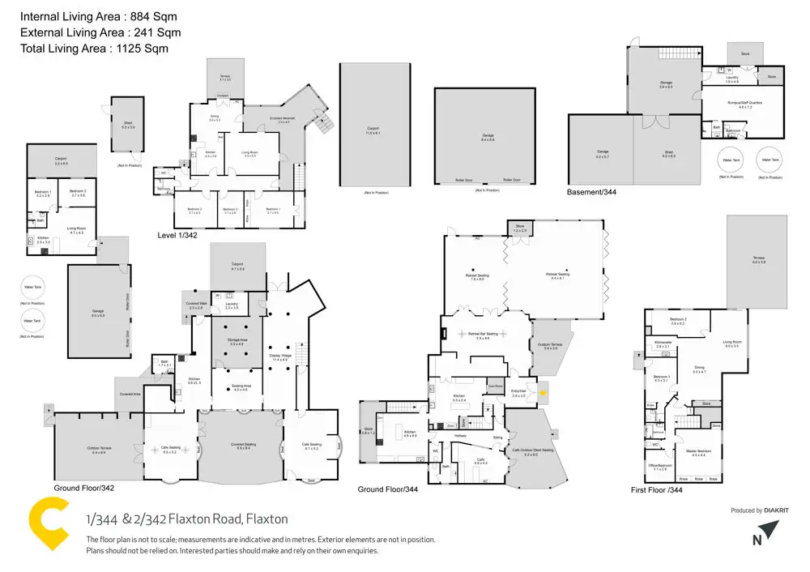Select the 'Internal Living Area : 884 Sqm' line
97,16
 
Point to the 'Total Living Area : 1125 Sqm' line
93,49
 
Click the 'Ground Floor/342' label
83,488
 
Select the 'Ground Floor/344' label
387,489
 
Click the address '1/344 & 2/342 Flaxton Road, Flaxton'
187,519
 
